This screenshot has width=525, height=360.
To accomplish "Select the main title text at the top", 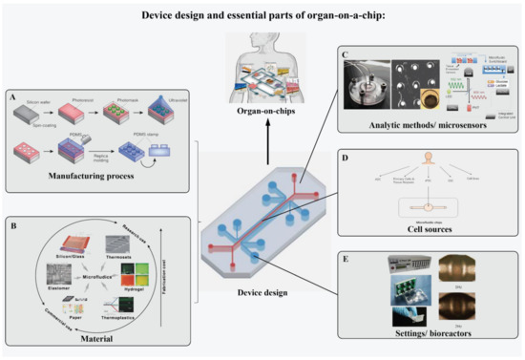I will (262, 16).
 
